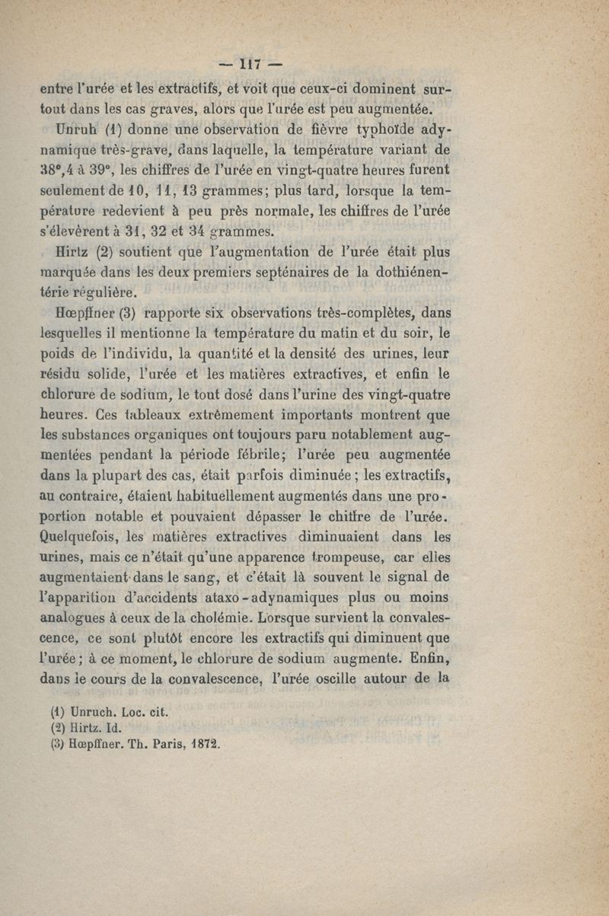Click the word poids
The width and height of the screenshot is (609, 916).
(x=57, y=354)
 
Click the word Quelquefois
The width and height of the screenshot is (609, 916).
(x=80, y=535)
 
